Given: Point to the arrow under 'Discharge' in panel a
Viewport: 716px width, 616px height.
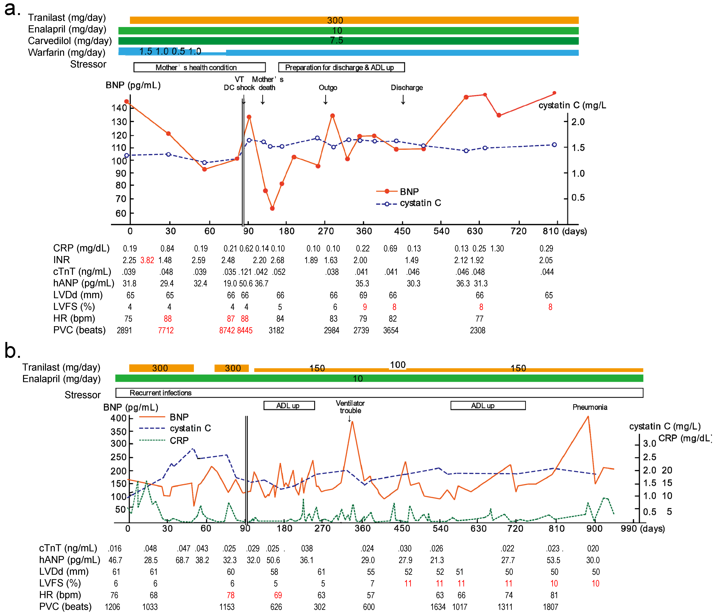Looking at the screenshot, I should pos(403,100).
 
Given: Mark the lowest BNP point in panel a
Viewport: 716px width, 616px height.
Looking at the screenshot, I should pos(272,208).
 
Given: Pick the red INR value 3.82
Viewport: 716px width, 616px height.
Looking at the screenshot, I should pos(147,260).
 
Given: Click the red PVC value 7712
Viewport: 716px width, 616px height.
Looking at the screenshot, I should pos(166,330).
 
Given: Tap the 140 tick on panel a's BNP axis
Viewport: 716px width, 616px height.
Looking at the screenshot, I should pos(119,108).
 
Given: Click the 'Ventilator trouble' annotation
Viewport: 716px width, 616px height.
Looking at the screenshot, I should pos(350,407).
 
